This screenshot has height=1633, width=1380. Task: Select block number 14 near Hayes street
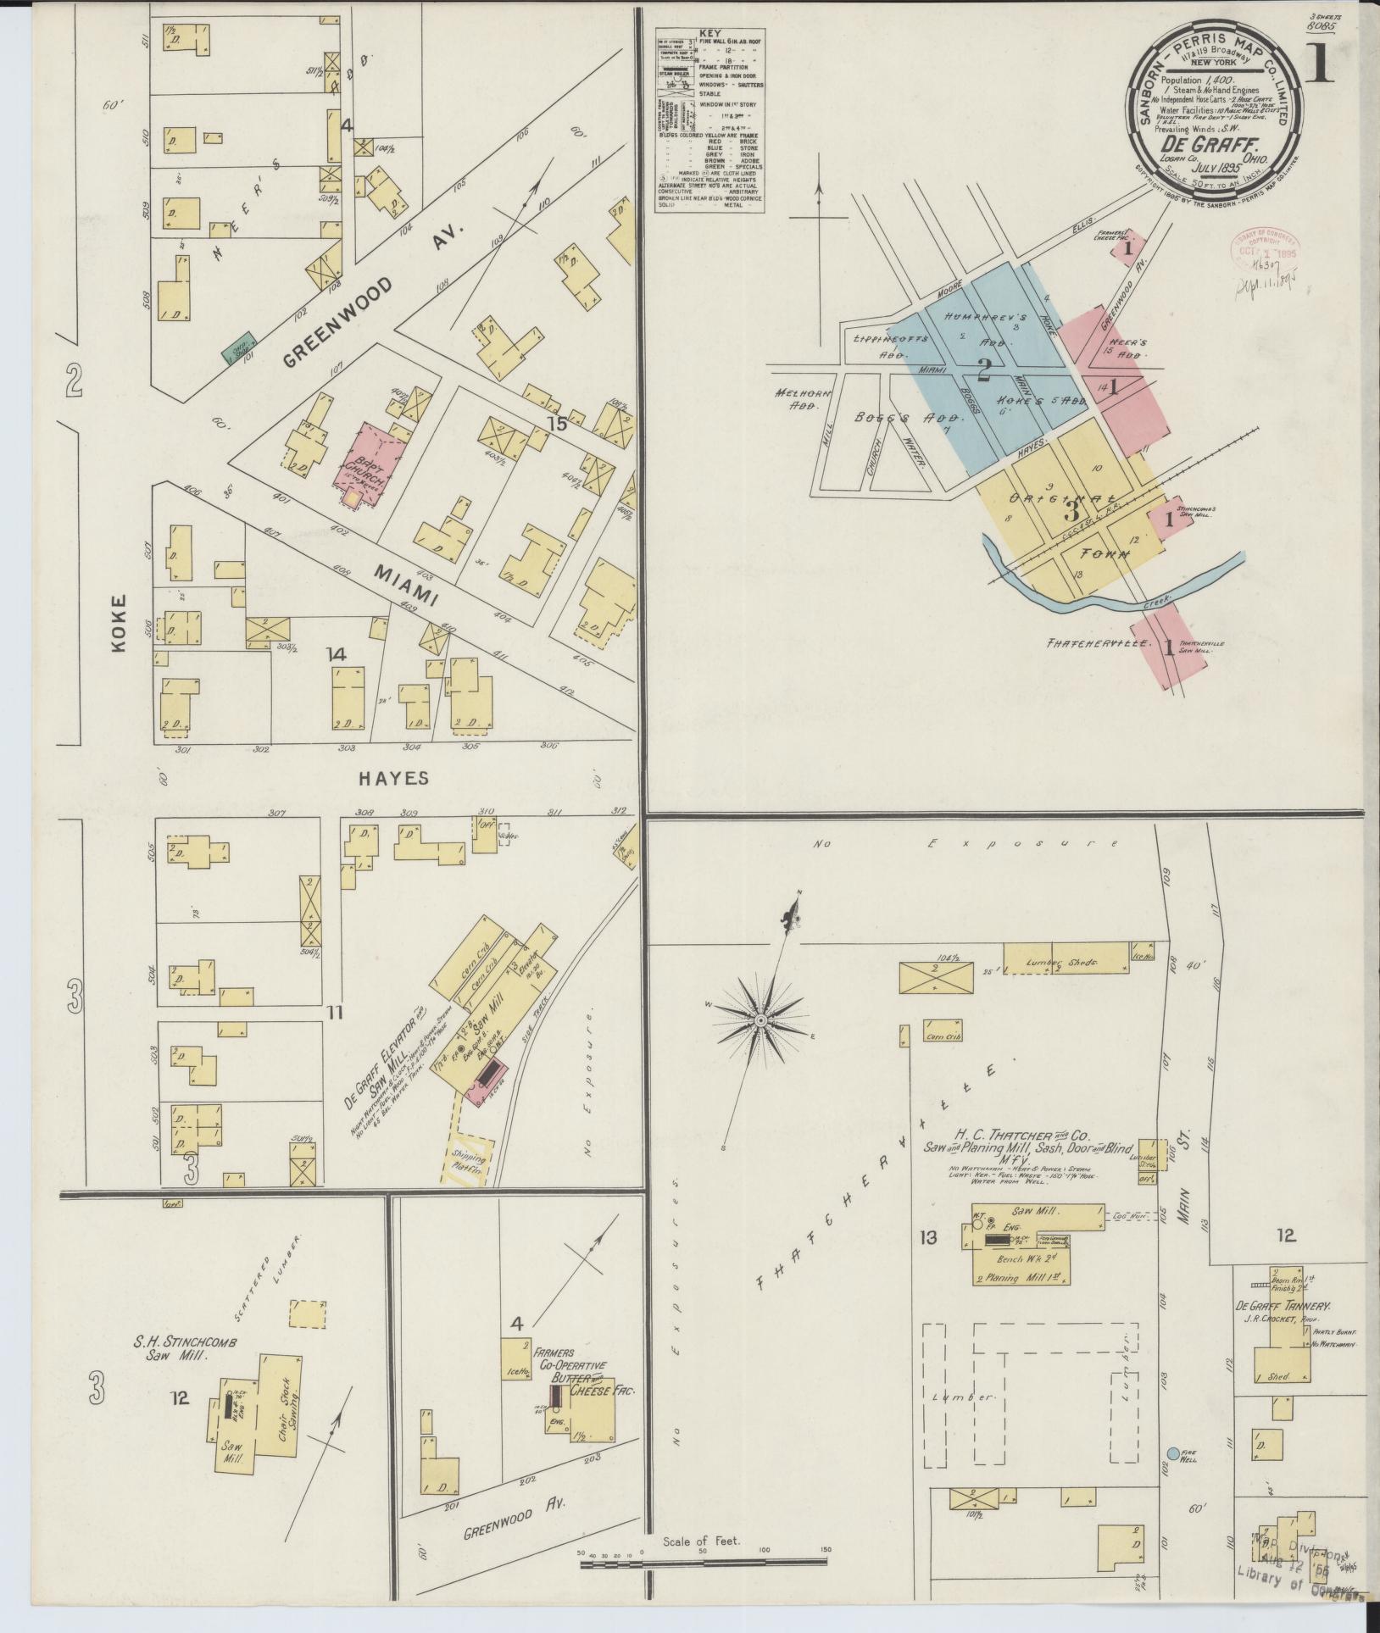337,654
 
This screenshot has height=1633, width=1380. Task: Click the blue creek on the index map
1102,598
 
